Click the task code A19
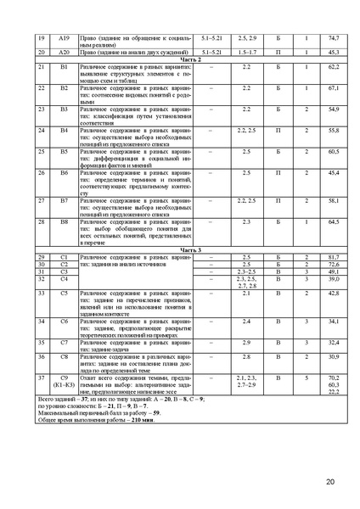coord(64,38)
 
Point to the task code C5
coord(64,293)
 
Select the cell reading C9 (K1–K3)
coord(64,379)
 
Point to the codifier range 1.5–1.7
coord(248,53)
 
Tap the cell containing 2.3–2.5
coord(248,271)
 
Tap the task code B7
coord(64,200)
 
